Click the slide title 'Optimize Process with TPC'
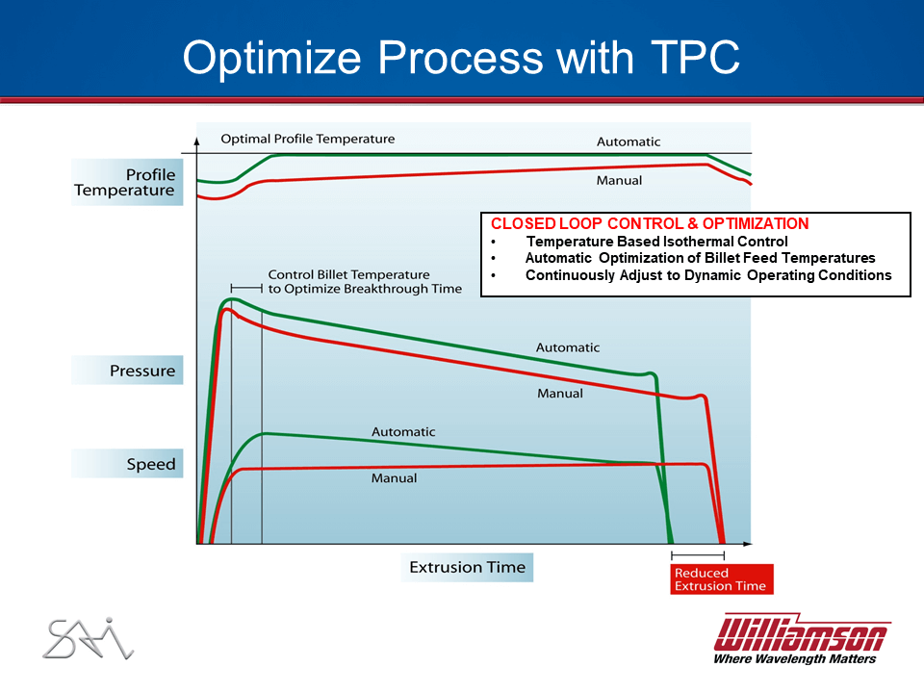click(461, 57)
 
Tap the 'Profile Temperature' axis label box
click(127, 182)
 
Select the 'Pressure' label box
click(127, 370)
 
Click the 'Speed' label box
click(127, 464)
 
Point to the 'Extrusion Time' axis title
click(468, 568)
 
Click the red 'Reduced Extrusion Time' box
click(721, 579)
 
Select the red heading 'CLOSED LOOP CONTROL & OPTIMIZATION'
click(650, 224)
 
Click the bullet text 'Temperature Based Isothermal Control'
click(657, 242)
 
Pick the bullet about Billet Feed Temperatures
click(700, 258)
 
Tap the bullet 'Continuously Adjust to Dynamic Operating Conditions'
click(708, 275)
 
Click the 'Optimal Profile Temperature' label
click(308, 139)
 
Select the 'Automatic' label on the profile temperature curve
click(629, 142)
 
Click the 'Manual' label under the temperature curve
click(619, 180)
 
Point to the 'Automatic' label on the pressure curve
click(568, 347)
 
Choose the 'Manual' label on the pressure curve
click(560, 393)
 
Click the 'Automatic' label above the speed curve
click(403, 432)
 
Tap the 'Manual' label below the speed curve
click(394, 478)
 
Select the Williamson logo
click(802, 639)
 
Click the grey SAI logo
click(89, 638)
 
